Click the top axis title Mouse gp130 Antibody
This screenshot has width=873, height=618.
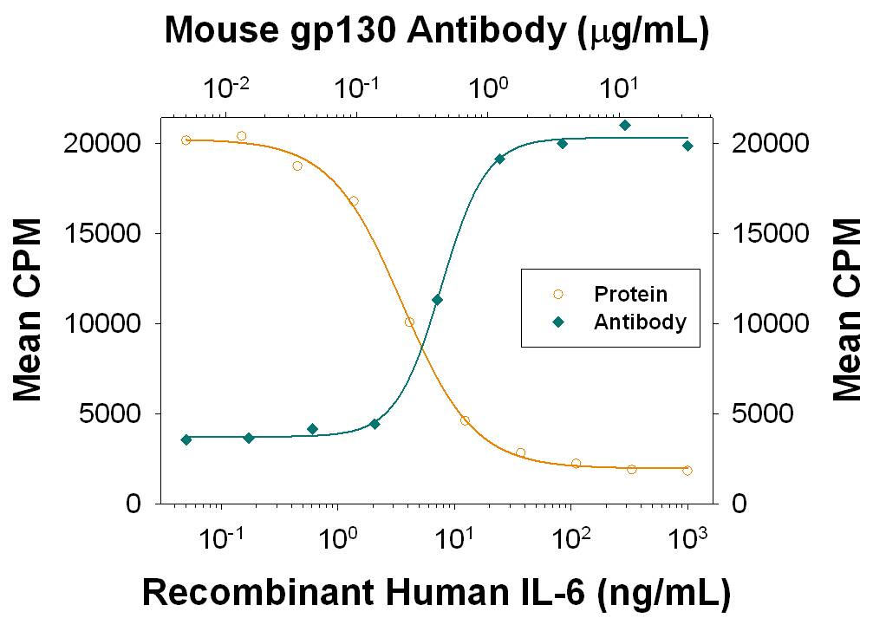(x=436, y=31)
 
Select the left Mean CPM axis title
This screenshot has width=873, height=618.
(x=28, y=323)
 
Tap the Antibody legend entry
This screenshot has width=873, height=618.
(x=640, y=322)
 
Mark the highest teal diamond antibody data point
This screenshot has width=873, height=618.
(x=624, y=125)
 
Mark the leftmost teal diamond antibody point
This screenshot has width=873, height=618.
(x=186, y=439)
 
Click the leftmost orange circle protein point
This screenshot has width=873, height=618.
(x=186, y=140)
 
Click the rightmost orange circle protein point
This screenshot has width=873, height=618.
(x=687, y=470)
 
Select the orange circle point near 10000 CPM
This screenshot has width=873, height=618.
(x=409, y=322)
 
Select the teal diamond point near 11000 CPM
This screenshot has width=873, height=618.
(x=438, y=300)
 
